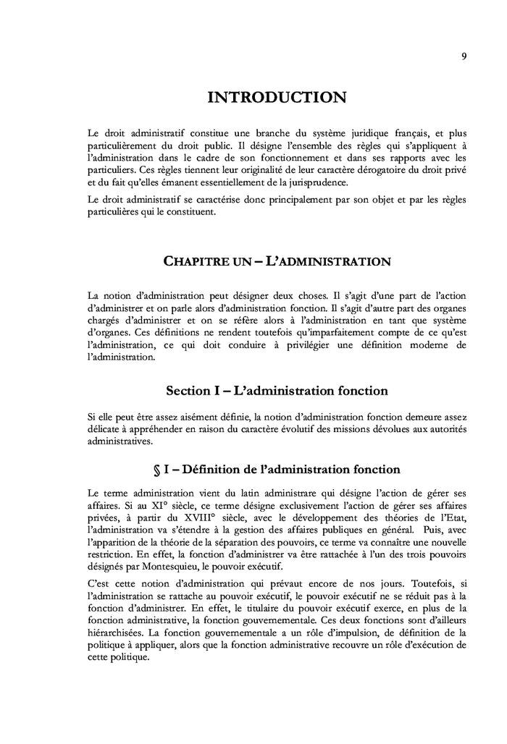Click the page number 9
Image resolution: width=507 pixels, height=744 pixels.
(x=463, y=58)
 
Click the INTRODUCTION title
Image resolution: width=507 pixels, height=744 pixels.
(x=277, y=97)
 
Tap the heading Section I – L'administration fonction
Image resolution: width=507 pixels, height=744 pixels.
(x=277, y=391)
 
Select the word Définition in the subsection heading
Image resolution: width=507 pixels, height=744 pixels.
(x=217, y=470)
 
